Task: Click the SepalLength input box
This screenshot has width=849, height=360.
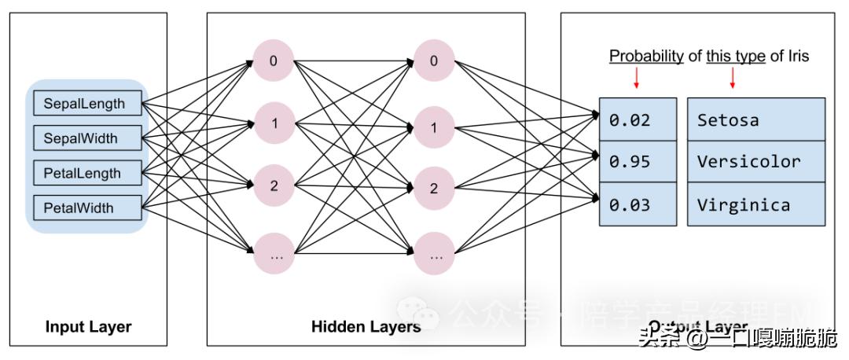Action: click(87, 104)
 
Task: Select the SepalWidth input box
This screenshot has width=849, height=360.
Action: click(87, 138)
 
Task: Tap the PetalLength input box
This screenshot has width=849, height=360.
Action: click(87, 173)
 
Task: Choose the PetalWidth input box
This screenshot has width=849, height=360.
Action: click(87, 208)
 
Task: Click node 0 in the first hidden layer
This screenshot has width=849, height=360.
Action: click(274, 60)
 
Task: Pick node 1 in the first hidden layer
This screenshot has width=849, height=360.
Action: click(274, 123)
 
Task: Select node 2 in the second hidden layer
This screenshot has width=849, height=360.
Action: click(434, 188)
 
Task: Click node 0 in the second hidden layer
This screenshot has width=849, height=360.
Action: click(434, 60)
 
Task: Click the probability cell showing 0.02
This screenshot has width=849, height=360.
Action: click(638, 119)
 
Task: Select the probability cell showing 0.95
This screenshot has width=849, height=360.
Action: click(638, 162)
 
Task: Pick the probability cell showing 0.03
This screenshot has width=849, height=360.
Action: click(638, 205)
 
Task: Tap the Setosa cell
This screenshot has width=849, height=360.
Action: click(756, 119)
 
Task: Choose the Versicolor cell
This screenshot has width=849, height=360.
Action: click(756, 162)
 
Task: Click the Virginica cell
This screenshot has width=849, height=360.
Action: click(756, 205)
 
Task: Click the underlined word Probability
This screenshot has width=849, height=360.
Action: click(646, 56)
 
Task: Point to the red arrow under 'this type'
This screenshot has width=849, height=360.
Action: click(733, 77)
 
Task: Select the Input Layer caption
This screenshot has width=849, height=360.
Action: click(88, 327)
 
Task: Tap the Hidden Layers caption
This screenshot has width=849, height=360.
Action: click(366, 327)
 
